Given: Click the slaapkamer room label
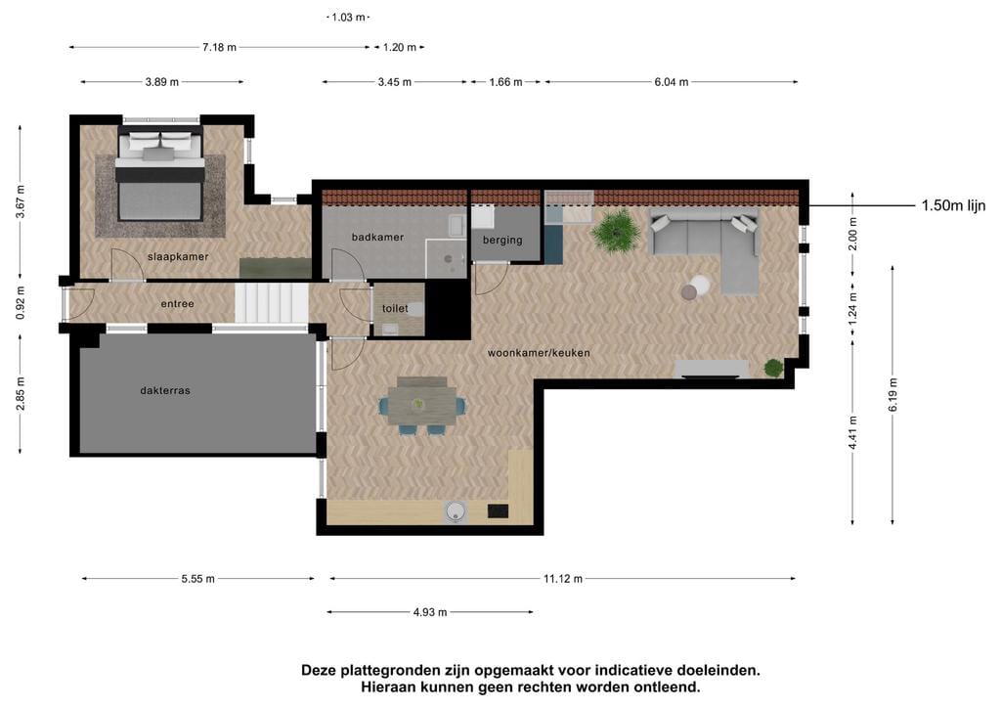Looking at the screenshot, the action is point(178,256).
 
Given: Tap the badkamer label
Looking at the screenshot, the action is point(377,237).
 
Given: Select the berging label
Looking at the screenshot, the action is point(502,240).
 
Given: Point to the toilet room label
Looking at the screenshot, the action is point(395,308).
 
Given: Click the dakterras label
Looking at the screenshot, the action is point(165,390).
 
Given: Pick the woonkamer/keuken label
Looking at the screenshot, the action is point(539,352).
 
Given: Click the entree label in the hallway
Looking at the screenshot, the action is point(178,304).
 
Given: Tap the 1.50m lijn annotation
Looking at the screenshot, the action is point(953,205).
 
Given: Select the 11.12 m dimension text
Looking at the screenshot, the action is point(563,579).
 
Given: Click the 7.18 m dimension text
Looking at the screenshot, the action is point(219,47).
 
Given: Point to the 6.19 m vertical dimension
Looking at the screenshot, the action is point(892,394).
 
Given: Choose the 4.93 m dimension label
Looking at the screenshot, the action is point(430,612).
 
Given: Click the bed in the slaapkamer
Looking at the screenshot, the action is point(160,174).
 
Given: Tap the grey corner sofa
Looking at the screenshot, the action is point(709,245).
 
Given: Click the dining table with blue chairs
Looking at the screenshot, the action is point(422,406).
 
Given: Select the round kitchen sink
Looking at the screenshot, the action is point(456,511).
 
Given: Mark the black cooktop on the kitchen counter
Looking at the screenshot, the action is point(498,510).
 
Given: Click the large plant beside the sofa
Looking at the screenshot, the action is point(616,231).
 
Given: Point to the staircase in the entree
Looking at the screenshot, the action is point(272,303).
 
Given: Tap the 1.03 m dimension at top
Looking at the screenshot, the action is point(348,18).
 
